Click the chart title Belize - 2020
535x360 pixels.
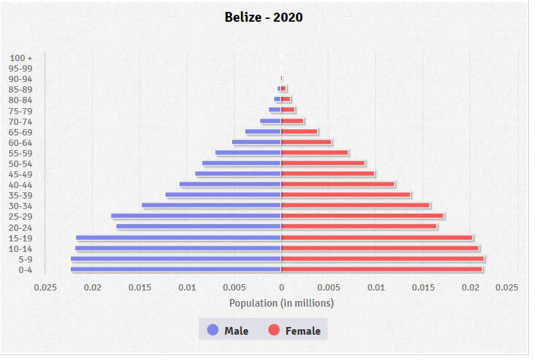point(264,17)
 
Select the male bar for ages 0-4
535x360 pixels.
point(175,269)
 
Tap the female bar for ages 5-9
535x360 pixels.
point(382,259)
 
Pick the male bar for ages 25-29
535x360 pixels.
point(196,216)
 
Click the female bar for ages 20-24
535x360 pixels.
point(358,227)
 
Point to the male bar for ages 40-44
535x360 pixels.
point(230,185)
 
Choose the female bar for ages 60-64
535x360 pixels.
point(306,142)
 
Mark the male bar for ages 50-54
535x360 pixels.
point(241,164)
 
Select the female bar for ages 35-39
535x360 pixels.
point(346,195)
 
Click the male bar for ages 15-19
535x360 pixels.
point(178,238)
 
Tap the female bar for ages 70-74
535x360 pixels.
point(292,121)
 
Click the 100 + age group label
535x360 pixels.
point(21,58)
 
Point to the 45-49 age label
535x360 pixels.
point(21,175)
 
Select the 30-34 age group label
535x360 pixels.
point(21,206)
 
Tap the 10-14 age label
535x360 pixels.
point(21,249)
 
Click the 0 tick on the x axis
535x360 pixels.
point(281,287)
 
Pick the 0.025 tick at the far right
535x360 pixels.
point(507,287)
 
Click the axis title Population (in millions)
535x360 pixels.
point(281,303)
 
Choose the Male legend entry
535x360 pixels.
point(229,331)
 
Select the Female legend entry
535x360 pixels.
point(294,331)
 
